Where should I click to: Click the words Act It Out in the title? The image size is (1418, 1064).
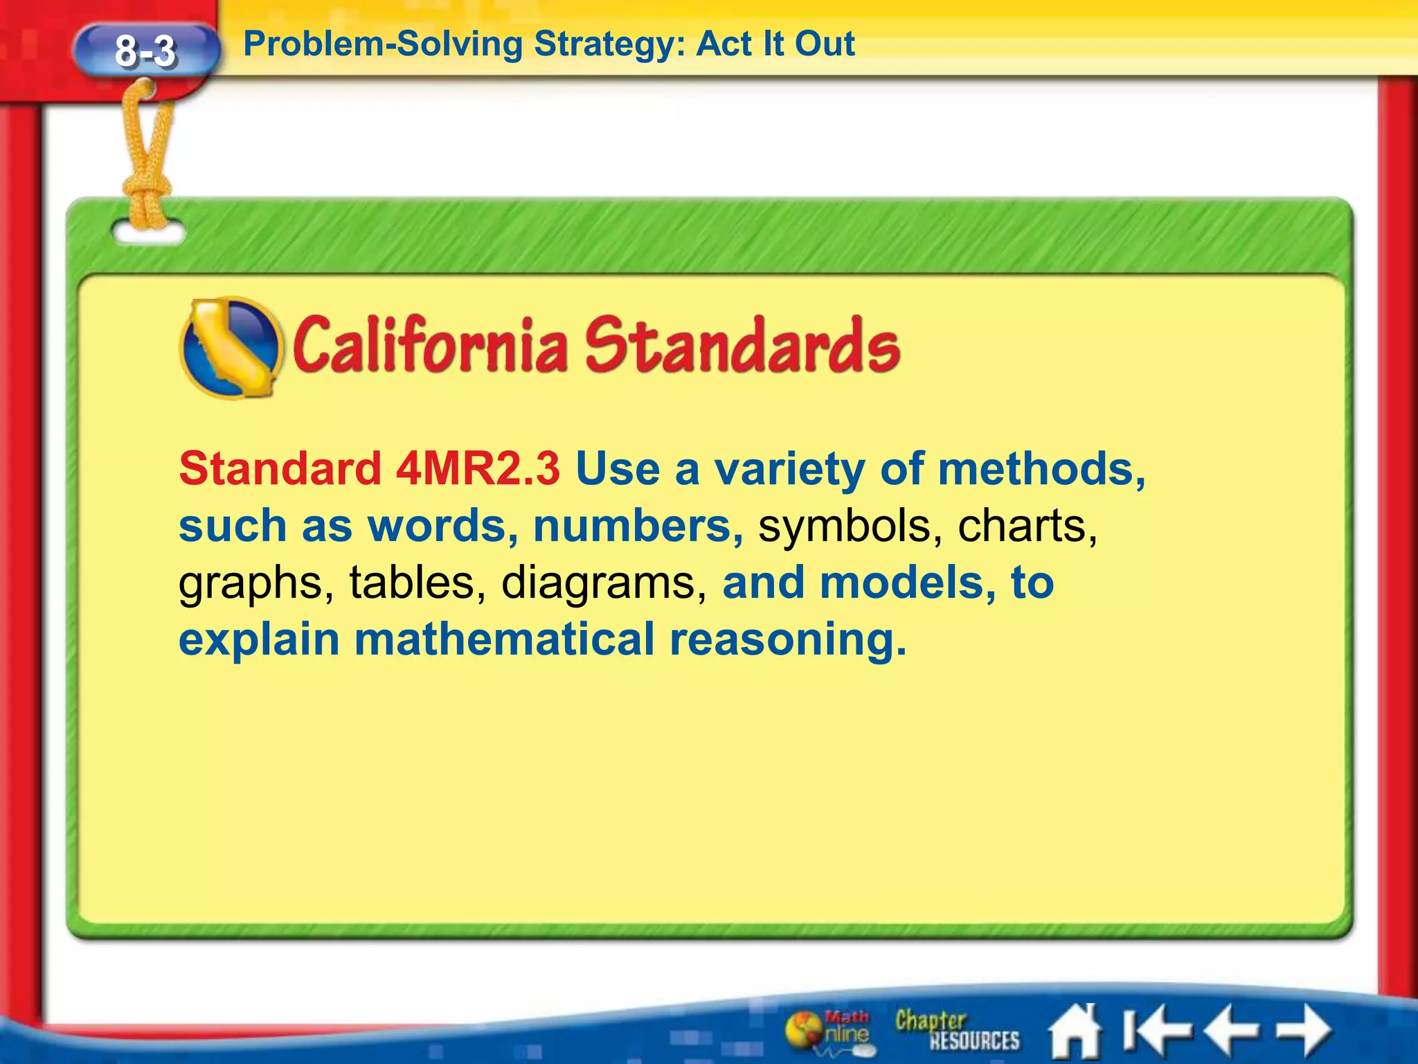pyautogui.click(x=775, y=44)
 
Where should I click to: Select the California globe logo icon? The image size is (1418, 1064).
pyautogui.click(x=231, y=348)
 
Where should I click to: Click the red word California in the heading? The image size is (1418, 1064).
pyautogui.click(x=430, y=345)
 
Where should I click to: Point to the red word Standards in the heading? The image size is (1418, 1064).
pyautogui.click(x=742, y=345)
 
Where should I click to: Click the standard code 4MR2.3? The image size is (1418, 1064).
pyautogui.click(x=477, y=469)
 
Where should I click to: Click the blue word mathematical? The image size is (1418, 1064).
pyautogui.click(x=504, y=639)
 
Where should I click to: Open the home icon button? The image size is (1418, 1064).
pyautogui.click(x=1074, y=1031)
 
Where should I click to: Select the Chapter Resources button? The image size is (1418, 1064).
pyautogui.click(x=957, y=1030)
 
